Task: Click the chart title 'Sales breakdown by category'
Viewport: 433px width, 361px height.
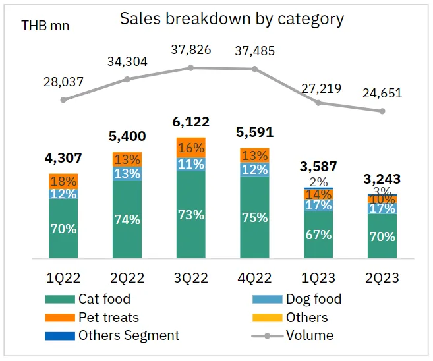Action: click(232, 18)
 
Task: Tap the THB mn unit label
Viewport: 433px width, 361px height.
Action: click(45, 26)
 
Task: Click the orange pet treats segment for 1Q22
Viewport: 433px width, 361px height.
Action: click(64, 181)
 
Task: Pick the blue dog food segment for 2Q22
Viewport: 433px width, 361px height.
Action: click(127, 173)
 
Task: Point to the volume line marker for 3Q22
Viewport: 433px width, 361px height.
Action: click(191, 67)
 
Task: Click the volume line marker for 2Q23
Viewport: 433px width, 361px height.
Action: click(382, 111)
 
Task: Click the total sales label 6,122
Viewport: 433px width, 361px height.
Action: click(191, 123)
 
